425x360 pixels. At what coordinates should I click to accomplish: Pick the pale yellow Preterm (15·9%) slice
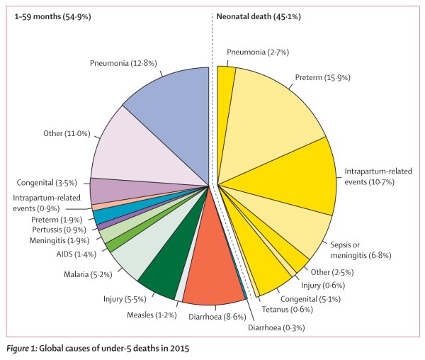pyautogui.click(x=269, y=106)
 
